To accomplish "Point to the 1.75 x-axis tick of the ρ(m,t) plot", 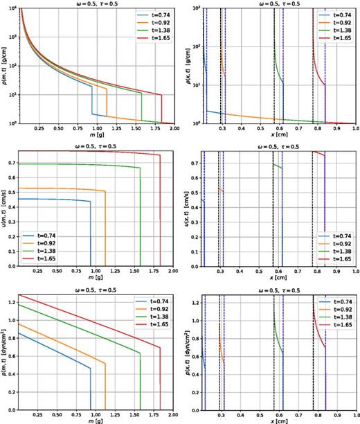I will click(152, 129).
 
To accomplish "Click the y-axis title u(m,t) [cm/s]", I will click(5, 206).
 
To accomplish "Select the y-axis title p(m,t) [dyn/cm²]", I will click(5, 353).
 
